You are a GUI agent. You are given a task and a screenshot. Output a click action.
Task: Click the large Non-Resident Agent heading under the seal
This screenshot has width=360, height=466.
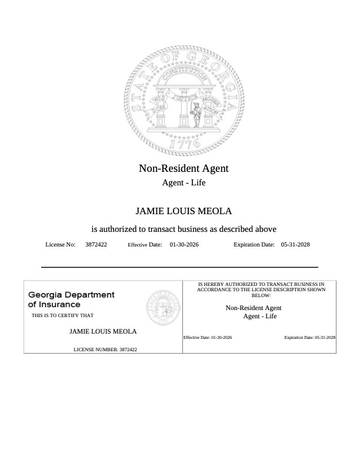click(x=184, y=168)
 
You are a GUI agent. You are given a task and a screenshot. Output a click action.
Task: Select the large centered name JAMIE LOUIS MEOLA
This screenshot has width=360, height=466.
click(x=184, y=211)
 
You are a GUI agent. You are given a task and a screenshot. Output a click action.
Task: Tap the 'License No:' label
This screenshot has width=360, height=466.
click(x=60, y=244)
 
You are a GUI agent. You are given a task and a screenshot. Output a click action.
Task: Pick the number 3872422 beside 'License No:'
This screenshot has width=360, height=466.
click(x=96, y=244)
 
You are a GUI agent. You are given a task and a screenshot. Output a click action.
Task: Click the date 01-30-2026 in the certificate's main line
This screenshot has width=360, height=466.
click(x=184, y=244)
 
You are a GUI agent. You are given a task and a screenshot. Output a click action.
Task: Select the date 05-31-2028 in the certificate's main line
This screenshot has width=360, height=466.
click(x=295, y=244)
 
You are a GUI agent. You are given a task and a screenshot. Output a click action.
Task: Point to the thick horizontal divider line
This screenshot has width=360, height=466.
click(x=179, y=267)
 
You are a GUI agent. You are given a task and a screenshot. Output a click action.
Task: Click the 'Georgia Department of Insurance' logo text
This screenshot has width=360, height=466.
click(x=71, y=299)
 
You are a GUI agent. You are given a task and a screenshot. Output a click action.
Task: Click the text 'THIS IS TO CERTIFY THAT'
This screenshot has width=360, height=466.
click(x=62, y=316)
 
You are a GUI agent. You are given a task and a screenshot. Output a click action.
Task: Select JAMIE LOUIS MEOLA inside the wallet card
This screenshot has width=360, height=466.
click(x=103, y=331)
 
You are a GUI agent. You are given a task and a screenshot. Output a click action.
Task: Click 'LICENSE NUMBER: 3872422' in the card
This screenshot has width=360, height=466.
click(x=105, y=349)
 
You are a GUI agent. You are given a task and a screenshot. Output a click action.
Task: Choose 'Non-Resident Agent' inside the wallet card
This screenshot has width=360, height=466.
click(x=254, y=308)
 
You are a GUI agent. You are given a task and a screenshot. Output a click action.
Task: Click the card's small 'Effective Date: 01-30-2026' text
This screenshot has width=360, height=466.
click(x=208, y=338)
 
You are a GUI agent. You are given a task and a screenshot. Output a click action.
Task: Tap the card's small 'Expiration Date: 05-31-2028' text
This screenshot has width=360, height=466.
click(x=309, y=338)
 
